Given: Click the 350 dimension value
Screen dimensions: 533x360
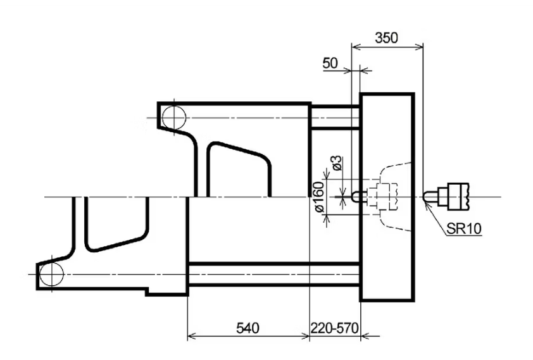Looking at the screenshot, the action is (x=386, y=37).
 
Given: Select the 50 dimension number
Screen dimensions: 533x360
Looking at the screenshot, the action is (x=330, y=63).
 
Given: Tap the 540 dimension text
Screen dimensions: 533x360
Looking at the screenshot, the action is (x=248, y=328).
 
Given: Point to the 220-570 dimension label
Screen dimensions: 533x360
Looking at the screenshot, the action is (x=334, y=328).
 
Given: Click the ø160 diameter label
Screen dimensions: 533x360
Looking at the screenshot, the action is (x=319, y=197).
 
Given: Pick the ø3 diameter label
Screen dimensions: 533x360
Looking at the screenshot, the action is (x=336, y=163).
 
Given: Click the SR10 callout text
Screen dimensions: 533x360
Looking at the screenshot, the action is (x=464, y=228).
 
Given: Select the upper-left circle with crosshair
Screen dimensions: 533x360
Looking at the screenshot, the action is (x=174, y=118).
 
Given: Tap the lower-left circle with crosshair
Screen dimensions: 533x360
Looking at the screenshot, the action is (x=51, y=274).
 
